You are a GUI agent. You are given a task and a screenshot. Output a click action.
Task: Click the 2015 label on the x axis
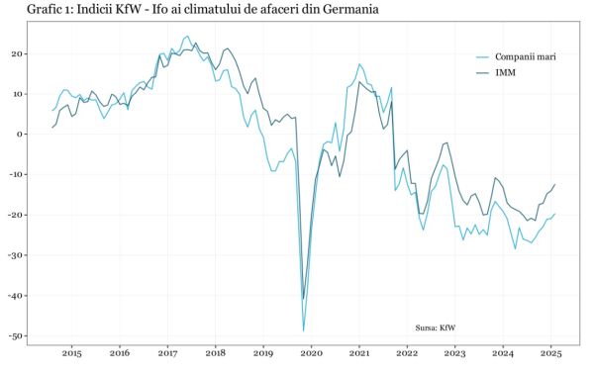(x=71, y=353)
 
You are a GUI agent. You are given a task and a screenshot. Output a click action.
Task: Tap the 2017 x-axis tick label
(x=167, y=353)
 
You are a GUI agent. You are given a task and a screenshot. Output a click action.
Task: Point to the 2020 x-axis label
(x=311, y=353)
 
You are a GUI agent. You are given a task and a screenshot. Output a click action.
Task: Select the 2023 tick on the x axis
(x=454, y=353)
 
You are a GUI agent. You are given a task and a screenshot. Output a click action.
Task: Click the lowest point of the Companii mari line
(x=304, y=330)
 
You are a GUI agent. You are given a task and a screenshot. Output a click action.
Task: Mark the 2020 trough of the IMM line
(x=303, y=298)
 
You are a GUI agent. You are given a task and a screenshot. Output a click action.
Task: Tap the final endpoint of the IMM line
(x=555, y=184)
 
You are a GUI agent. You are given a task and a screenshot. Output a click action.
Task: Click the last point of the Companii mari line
(x=555, y=214)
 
